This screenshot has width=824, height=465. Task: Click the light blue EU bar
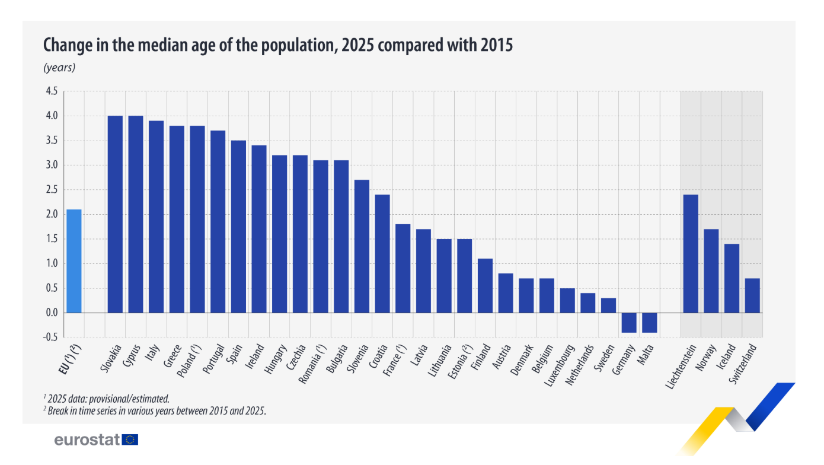74,261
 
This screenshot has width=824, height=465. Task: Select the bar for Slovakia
115,214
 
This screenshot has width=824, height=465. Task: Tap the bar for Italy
156,216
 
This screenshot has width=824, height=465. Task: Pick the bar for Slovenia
362,246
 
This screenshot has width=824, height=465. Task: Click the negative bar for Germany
629,323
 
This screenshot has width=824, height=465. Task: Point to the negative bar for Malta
650,323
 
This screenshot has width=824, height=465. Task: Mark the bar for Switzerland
752,295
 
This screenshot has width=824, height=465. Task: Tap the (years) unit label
59,68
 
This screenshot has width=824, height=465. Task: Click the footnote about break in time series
155,410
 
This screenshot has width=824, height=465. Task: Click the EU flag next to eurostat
131,439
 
